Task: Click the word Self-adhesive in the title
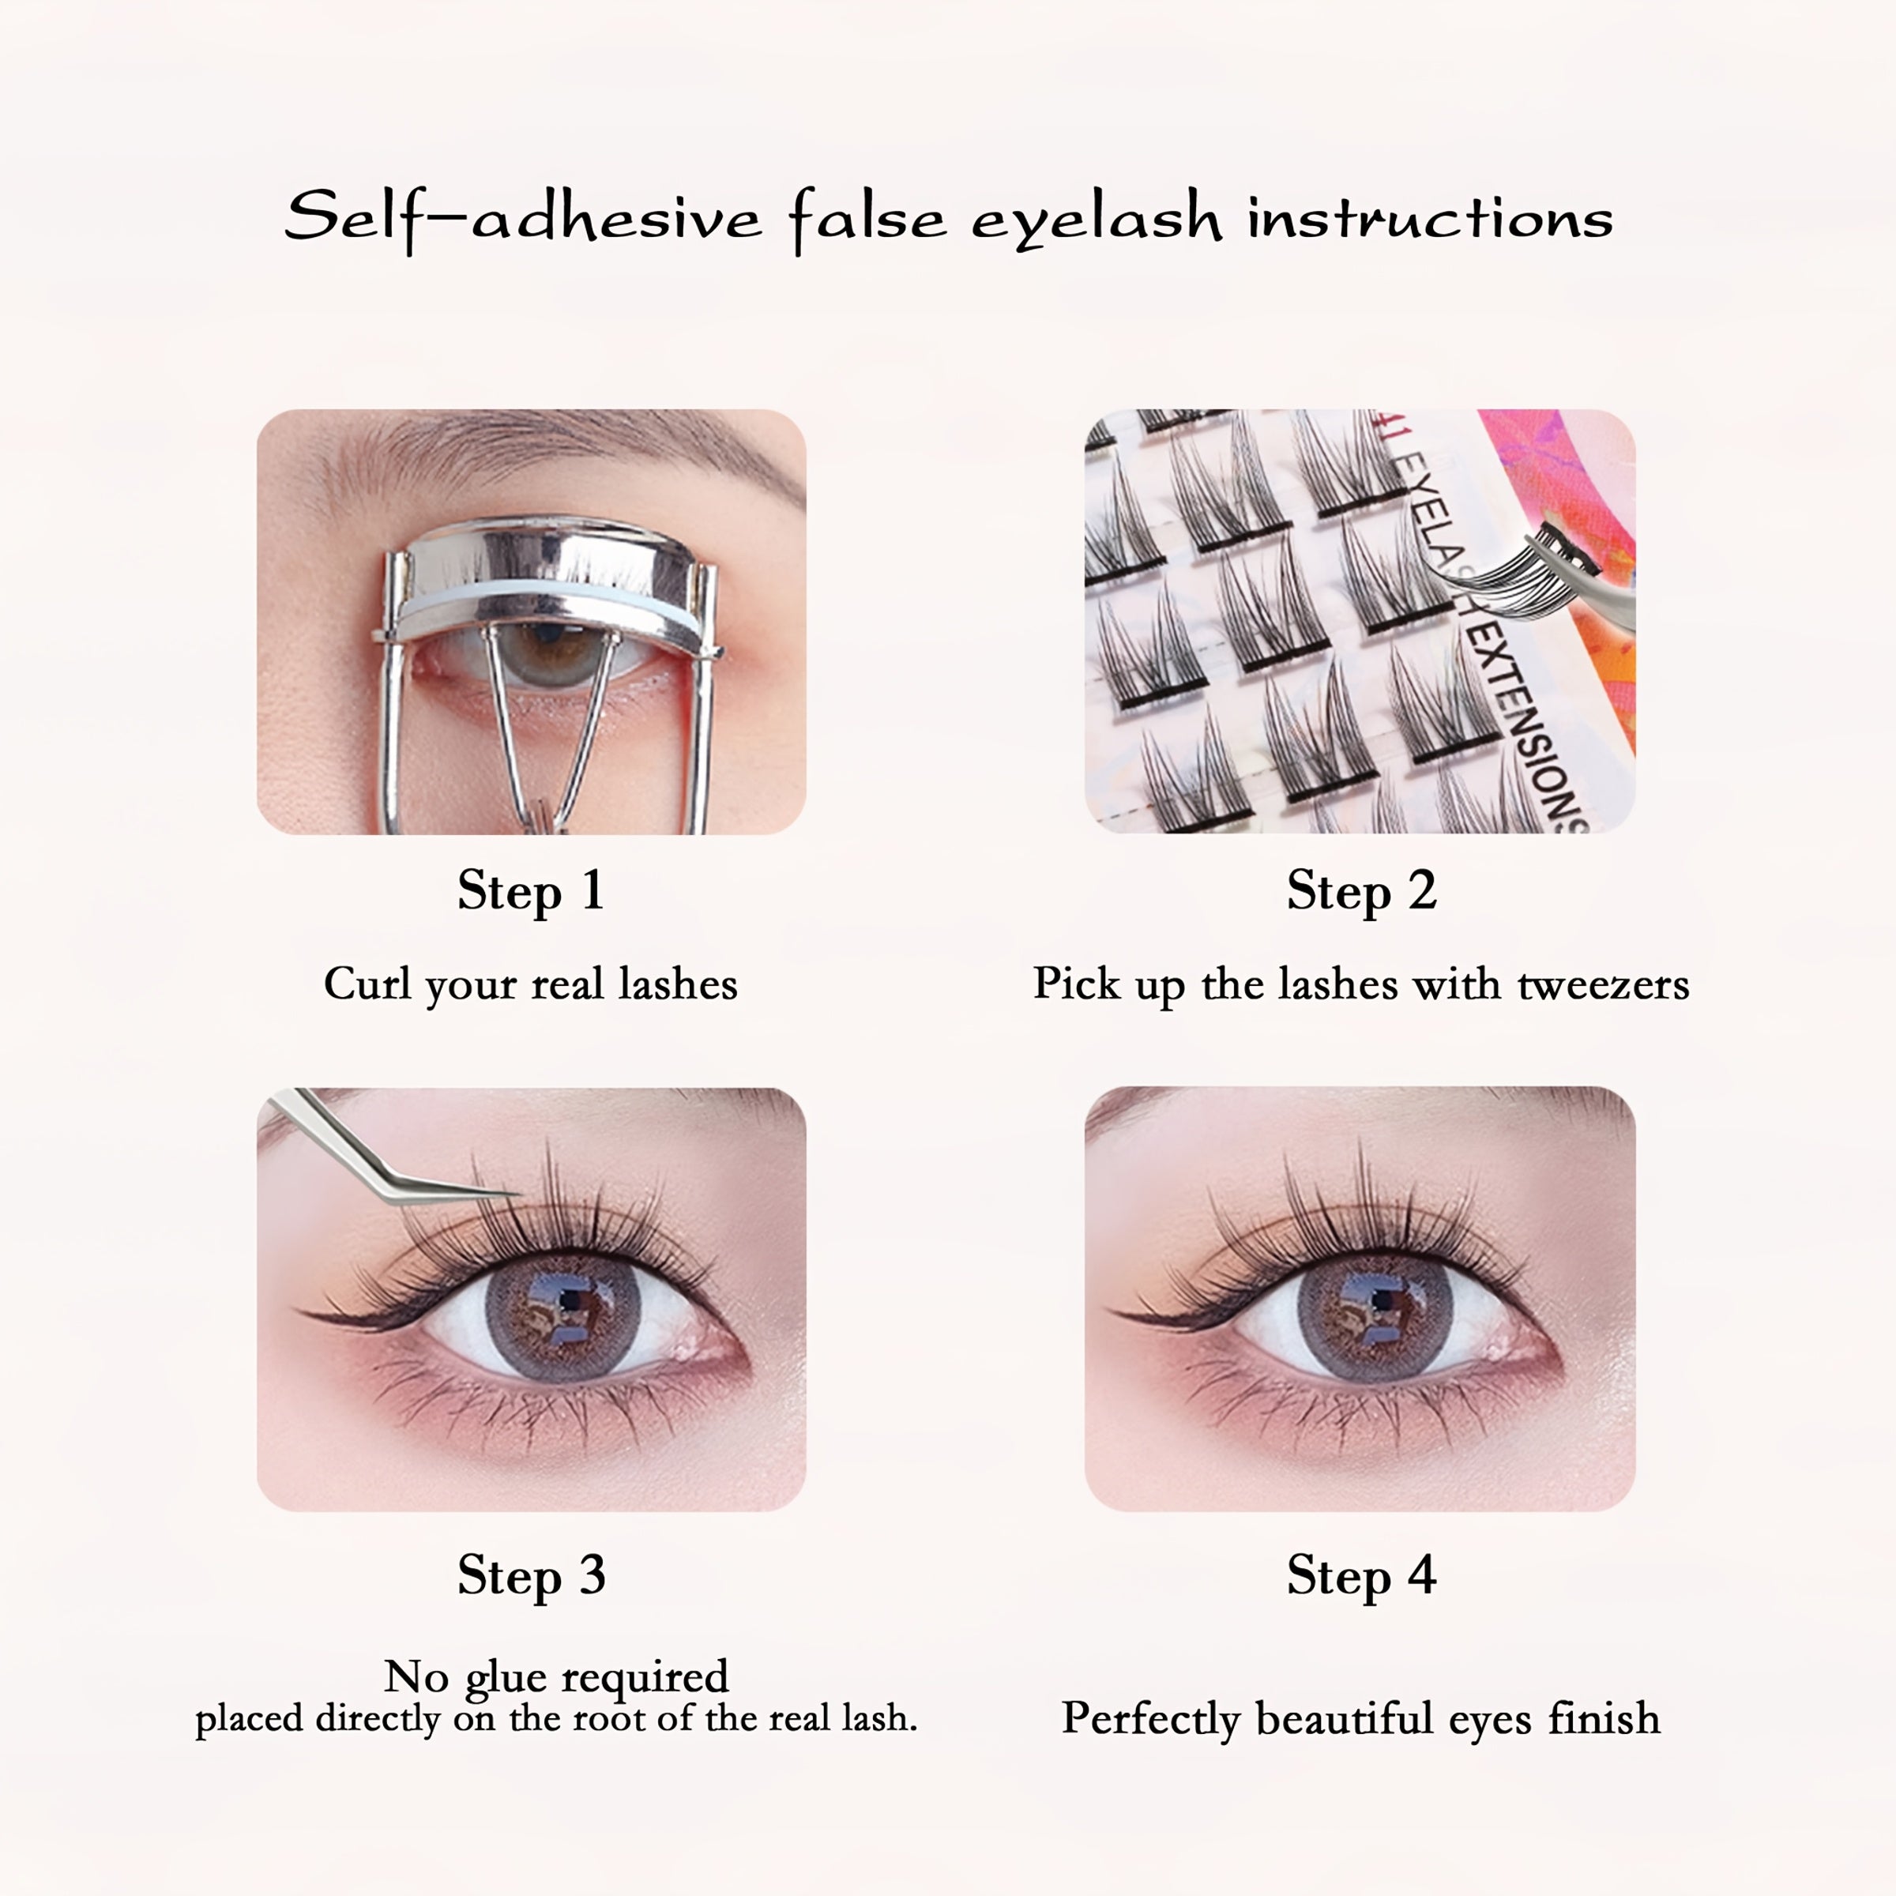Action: tap(522, 218)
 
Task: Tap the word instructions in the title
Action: tap(1430, 218)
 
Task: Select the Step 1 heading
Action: tap(530, 891)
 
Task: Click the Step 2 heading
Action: tap(1361, 891)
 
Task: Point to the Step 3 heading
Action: tap(531, 1576)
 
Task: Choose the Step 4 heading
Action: tap(1361, 1576)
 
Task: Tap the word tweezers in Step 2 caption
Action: tap(1603, 984)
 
